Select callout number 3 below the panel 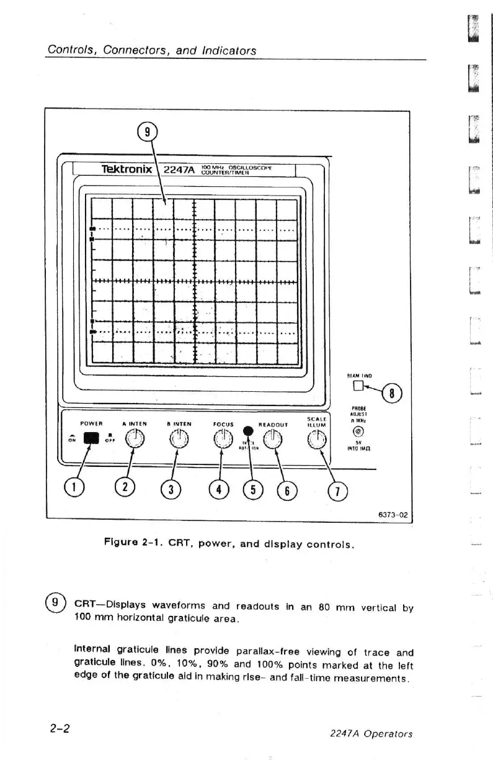click(x=169, y=491)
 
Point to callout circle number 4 click(x=218, y=490)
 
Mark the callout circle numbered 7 click(x=340, y=491)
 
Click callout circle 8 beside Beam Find click(x=393, y=394)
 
